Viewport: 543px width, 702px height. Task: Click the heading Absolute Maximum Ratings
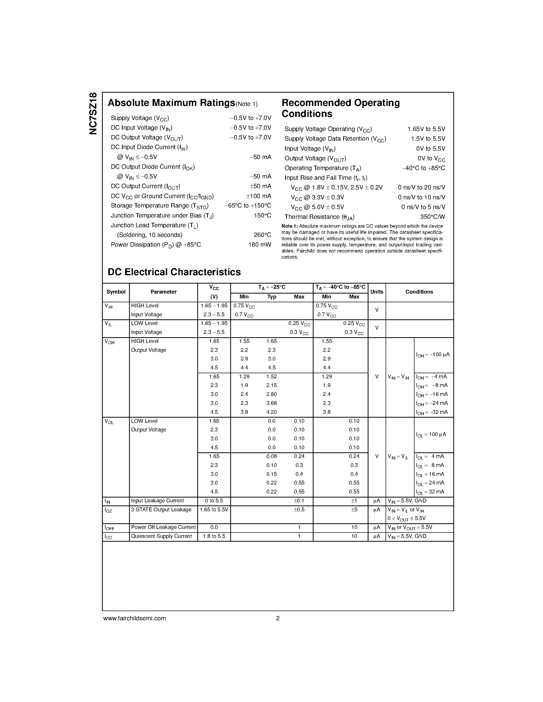171,103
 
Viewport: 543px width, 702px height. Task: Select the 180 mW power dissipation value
259,245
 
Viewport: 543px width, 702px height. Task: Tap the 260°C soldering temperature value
262,235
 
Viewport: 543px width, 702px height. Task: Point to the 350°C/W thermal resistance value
432,217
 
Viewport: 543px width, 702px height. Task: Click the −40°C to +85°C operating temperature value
423,168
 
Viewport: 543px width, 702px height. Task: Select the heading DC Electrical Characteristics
174,272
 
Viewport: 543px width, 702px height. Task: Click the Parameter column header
164,292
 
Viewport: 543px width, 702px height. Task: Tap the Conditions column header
419,292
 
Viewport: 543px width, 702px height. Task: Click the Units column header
377,292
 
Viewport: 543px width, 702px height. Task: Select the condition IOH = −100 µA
433,355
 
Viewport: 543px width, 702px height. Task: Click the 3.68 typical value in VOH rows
271,403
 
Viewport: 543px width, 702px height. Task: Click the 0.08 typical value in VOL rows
271,456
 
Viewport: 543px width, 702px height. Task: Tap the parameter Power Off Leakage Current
164,527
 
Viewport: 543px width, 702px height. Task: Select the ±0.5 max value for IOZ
299,510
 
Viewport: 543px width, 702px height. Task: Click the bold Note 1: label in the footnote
290,226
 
